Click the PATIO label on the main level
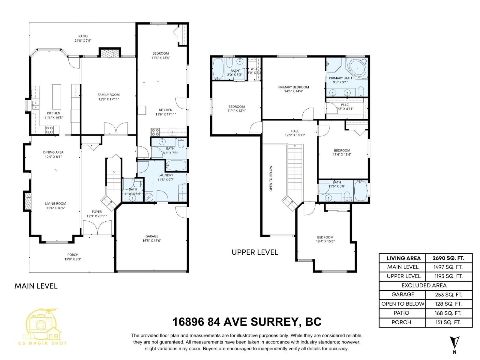[83, 36]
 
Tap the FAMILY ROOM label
[109, 95]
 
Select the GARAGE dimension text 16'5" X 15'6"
[152, 241]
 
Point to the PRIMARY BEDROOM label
[293, 87]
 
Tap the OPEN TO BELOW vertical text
[271, 178]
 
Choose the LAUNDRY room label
[166, 175]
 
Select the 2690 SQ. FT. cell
[448, 258]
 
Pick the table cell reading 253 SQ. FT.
[448, 295]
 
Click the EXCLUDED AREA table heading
[424, 285]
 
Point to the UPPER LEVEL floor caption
[255, 252]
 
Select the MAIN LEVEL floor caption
[36, 286]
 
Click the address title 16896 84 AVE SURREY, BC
[247, 322]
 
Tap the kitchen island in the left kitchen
[56, 97]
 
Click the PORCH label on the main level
[73, 255]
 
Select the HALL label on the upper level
[295, 131]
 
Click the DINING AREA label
[53, 152]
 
